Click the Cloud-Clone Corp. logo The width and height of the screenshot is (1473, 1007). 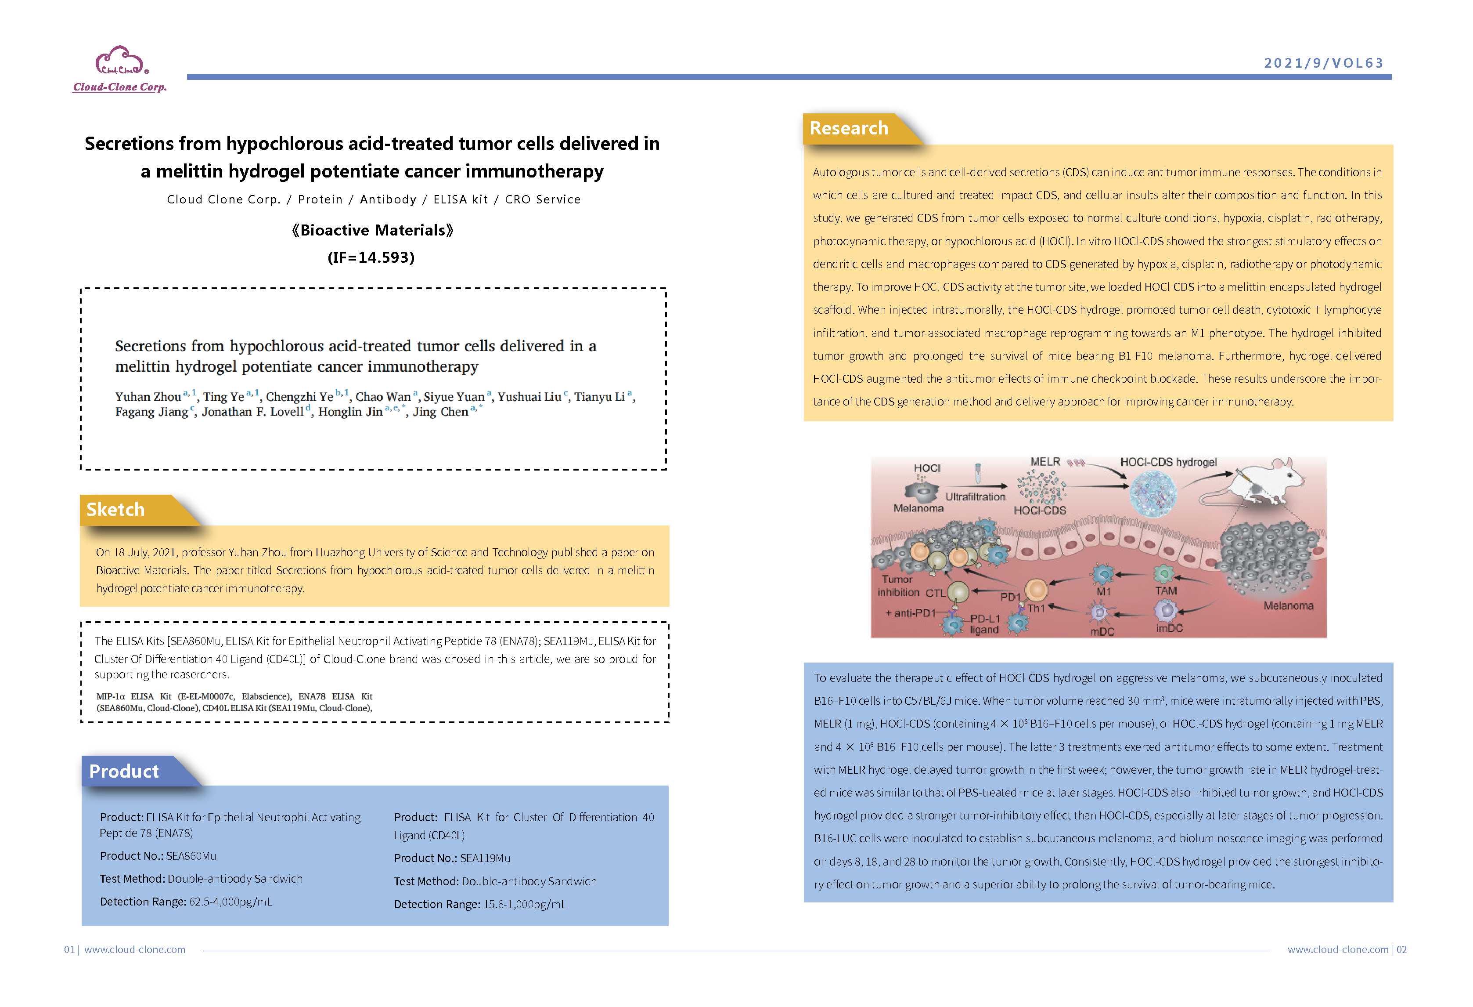pos(120,69)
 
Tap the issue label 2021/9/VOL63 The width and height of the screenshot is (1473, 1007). pos(1323,63)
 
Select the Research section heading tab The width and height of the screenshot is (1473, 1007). pos(849,128)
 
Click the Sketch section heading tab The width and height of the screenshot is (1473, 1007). pos(115,509)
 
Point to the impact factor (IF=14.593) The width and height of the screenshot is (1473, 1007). pos(371,257)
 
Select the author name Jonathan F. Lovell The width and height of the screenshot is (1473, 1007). pos(252,412)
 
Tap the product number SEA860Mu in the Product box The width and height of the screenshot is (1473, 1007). pos(191,856)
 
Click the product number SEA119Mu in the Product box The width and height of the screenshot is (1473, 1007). pos(485,858)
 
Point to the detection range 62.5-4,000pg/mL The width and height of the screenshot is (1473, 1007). pos(230,902)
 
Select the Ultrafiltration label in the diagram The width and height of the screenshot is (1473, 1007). pos(975,496)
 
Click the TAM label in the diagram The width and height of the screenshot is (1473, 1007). pos(1166,590)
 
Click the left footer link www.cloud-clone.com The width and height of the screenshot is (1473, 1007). pos(134,949)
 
